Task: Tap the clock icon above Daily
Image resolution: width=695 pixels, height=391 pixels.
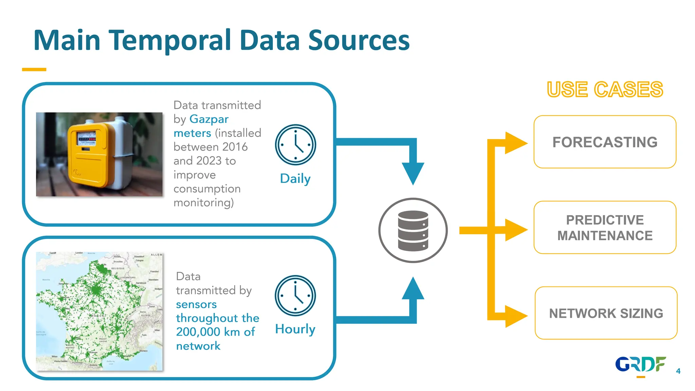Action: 295,145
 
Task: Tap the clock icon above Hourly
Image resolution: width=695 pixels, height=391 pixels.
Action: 295,296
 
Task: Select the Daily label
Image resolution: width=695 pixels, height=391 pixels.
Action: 295,179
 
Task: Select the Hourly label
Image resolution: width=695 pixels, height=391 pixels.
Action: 295,329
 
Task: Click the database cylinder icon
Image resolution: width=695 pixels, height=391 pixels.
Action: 413,230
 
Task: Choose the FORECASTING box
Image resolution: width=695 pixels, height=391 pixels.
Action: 605,142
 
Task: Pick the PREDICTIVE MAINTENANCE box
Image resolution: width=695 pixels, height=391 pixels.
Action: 605,227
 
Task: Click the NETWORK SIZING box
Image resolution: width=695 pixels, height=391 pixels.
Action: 606,313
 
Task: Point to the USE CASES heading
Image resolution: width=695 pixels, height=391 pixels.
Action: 605,90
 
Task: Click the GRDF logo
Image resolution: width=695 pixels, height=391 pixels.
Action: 640,365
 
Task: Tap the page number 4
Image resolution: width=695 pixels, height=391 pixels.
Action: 678,371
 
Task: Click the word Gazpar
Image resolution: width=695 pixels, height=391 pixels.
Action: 209,119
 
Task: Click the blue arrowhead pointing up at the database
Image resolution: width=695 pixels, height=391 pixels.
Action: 413,288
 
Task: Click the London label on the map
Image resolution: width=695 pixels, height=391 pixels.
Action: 79,253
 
